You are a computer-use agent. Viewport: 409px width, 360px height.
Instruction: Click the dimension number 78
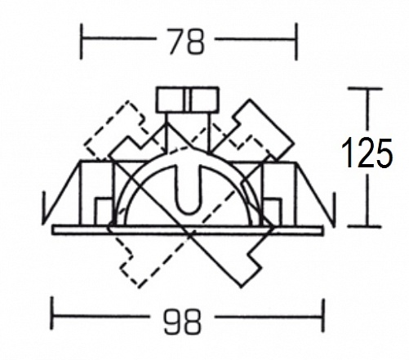pos(186,42)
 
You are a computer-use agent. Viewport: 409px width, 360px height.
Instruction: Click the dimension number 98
pos(183,322)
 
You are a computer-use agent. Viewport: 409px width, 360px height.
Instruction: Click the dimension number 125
pos(367,153)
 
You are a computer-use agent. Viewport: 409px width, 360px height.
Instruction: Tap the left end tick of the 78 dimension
pos(82,42)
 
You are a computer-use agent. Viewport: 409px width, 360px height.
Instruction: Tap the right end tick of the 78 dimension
pos(296,42)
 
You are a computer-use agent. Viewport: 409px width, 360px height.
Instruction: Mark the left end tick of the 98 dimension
pos(52,314)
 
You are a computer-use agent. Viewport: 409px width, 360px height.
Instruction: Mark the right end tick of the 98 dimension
pos(323,315)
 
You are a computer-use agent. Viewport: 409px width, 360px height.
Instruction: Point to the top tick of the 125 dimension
pos(365,89)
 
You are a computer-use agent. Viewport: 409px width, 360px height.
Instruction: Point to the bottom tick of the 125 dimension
pos(365,226)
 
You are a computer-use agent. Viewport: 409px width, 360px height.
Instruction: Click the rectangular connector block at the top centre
pos(188,100)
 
